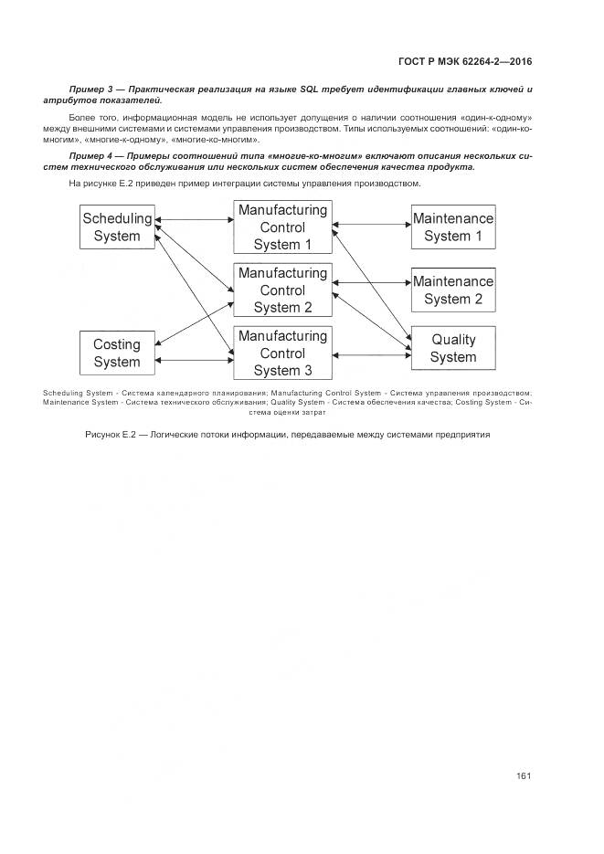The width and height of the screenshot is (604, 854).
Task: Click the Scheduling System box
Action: tap(111, 227)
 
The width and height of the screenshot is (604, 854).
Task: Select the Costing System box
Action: tap(116, 353)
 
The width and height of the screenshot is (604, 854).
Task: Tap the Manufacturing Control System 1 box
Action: tap(282, 227)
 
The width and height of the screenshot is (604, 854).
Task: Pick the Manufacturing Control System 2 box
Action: tap(282, 290)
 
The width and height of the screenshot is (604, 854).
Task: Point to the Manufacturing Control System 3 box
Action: tap(282, 353)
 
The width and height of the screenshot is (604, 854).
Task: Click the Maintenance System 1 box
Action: tap(452, 227)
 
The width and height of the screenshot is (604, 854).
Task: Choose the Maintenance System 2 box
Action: tap(452, 290)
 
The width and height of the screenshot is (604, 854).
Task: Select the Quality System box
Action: tap(452, 348)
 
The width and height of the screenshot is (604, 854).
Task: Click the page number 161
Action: tap(524, 776)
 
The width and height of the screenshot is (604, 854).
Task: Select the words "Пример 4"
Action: tap(90, 156)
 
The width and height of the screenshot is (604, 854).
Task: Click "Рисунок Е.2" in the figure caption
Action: tap(110, 434)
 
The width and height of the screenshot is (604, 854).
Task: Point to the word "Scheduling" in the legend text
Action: tap(63, 393)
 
